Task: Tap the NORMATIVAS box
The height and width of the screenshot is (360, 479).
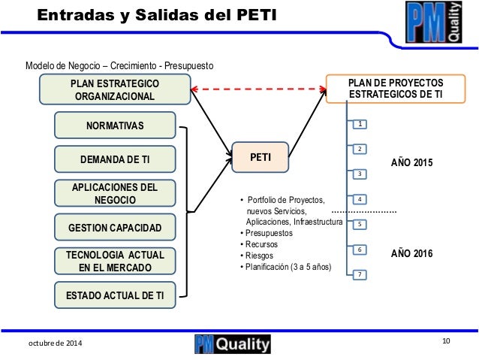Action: (115, 125)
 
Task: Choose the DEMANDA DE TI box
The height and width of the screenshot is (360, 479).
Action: (115, 159)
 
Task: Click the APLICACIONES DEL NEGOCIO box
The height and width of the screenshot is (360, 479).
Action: (115, 193)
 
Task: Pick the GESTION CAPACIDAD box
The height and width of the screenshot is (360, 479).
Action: (115, 227)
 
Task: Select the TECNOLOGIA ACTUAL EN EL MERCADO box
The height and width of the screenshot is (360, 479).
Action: (115, 261)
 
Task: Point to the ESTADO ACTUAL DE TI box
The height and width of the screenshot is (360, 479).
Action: (115, 295)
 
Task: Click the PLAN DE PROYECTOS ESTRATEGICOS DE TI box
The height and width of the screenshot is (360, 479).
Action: (396, 88)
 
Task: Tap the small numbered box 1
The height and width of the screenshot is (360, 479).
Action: (360, 123)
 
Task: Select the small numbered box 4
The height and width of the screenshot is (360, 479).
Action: (360, 199)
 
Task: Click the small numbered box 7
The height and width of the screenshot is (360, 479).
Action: (360, 274)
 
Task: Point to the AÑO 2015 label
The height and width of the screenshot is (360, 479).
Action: (412, 162)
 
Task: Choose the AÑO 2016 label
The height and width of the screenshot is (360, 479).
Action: (412, 255)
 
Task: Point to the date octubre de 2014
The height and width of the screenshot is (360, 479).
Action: (56, 343)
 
